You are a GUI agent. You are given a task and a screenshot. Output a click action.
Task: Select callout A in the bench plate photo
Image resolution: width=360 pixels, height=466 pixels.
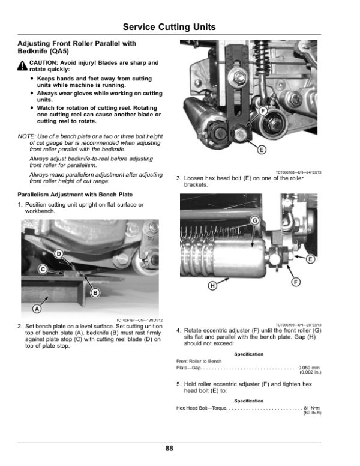coord(36,309)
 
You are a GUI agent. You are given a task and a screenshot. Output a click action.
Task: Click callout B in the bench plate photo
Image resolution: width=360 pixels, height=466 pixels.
coord(95,292)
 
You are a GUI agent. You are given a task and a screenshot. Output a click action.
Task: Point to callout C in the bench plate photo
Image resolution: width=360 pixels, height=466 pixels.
coord(43,269)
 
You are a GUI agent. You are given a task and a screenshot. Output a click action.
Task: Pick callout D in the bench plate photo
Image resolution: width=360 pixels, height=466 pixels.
coord(59,254)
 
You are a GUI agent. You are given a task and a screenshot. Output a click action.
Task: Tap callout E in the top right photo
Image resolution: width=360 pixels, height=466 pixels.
coord(262,150)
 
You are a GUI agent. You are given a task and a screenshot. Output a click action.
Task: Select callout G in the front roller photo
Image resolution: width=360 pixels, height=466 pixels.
coord(254,221)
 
